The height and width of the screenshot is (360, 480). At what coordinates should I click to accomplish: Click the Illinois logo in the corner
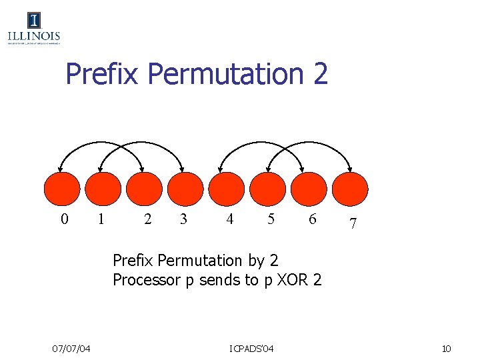point(34,28)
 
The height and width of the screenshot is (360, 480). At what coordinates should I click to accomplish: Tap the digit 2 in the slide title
point(319,74)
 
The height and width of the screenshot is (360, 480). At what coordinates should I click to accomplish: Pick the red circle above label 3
point(184,189)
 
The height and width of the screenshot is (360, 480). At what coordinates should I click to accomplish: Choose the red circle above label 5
point(268,189)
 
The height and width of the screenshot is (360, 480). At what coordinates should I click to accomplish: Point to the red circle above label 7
point(351,189)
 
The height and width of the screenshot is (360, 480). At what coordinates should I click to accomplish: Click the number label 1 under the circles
point(101,219)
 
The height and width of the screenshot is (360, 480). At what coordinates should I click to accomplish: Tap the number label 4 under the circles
point(229,219)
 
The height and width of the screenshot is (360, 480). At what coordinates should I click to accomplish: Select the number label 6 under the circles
point(312,219)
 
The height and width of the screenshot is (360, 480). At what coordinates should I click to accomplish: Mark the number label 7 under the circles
point(353,226)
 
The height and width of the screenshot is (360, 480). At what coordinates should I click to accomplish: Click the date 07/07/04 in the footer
point(72,349)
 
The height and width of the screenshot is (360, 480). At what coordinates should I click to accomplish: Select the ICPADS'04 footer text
point(251,349)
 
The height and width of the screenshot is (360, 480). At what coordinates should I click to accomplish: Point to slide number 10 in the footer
point(447,349)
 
